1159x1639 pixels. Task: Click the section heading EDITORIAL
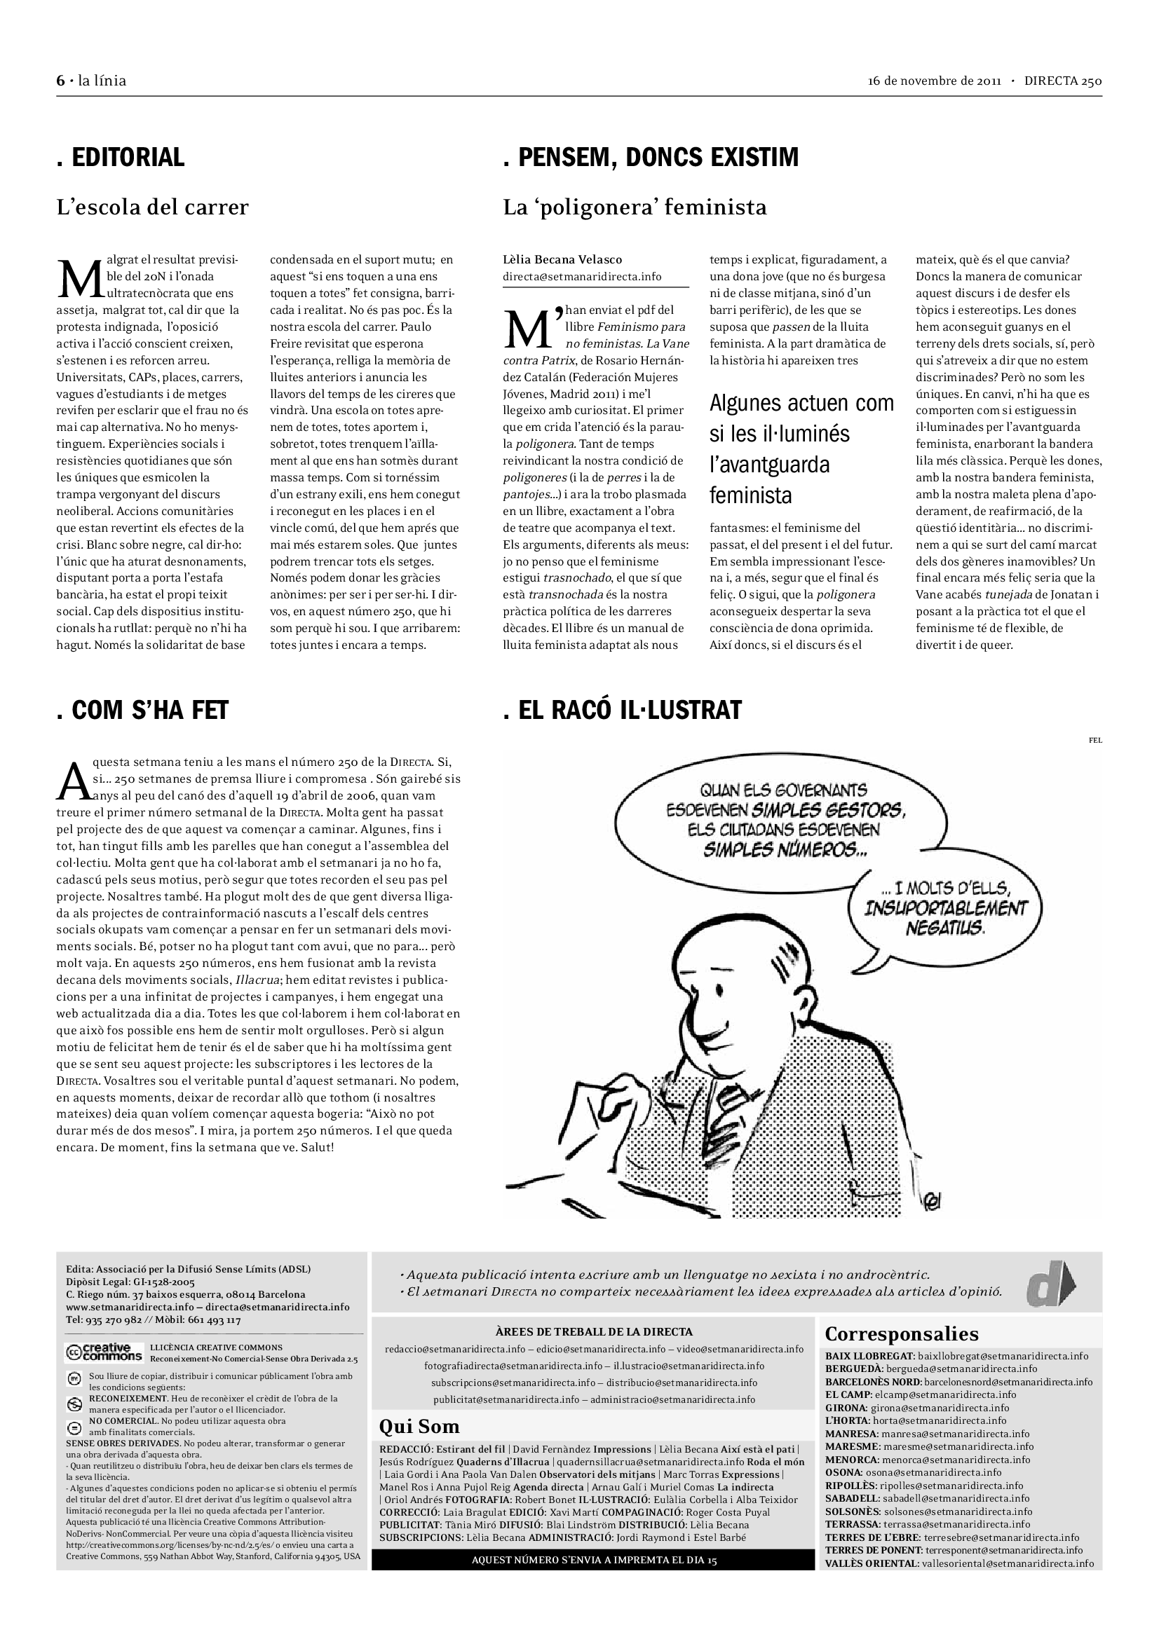click(x=121, y=157)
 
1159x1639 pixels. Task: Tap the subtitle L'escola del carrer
click(x=153, y=207)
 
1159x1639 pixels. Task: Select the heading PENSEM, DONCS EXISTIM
click(x=651, y=157)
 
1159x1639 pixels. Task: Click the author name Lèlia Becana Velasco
click(x=562, y=260)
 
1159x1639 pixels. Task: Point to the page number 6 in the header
click(x=61, y=81)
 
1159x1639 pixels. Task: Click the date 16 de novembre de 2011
click(x=935, y=81)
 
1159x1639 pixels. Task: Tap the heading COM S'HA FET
click(x=143, y=711)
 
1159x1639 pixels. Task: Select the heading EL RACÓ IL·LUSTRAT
click(x=623, y=711)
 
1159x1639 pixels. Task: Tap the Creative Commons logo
click(x=104, y=1352)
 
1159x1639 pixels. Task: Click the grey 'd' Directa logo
click(x=1050, y=1285)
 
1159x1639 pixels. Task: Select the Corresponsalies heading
click(x=901, y=1333)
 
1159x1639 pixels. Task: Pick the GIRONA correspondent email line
click(x=917, y=1408)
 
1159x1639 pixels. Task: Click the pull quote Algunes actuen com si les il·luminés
click(x=801, y=449)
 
